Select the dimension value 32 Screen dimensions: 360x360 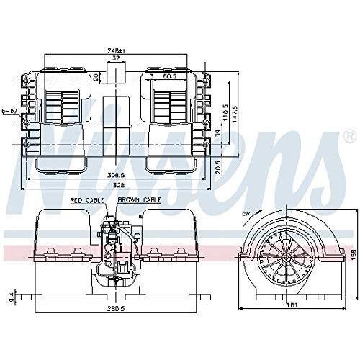point(115,59)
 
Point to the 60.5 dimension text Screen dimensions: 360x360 point(169,75)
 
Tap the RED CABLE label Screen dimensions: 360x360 point(86,200)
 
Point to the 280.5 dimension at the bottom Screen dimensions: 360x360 point(114,308)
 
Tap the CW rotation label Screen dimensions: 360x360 point(247,212)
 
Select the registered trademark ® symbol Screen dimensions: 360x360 point(349,135)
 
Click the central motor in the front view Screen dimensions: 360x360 point(114,248)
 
